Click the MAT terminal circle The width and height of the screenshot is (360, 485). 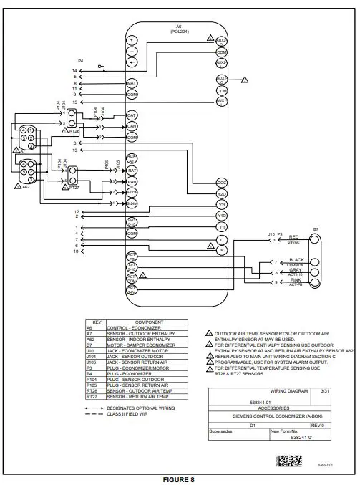pos(132,84)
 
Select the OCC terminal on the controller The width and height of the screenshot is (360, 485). pos(221,183)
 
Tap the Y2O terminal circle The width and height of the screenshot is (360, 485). pos(221,193)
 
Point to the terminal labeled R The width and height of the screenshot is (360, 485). pos(221,250)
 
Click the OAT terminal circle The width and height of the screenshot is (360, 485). pos(132,115)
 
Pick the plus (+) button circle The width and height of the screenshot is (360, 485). pos(132,41)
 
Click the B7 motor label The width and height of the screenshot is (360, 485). pos(315,229)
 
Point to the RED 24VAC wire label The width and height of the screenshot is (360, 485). pos(293,239)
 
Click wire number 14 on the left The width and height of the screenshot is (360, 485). pos(74,71)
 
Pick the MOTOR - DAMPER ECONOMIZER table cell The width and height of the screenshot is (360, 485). pos(139,344)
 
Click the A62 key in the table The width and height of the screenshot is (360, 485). pos(90,339)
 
